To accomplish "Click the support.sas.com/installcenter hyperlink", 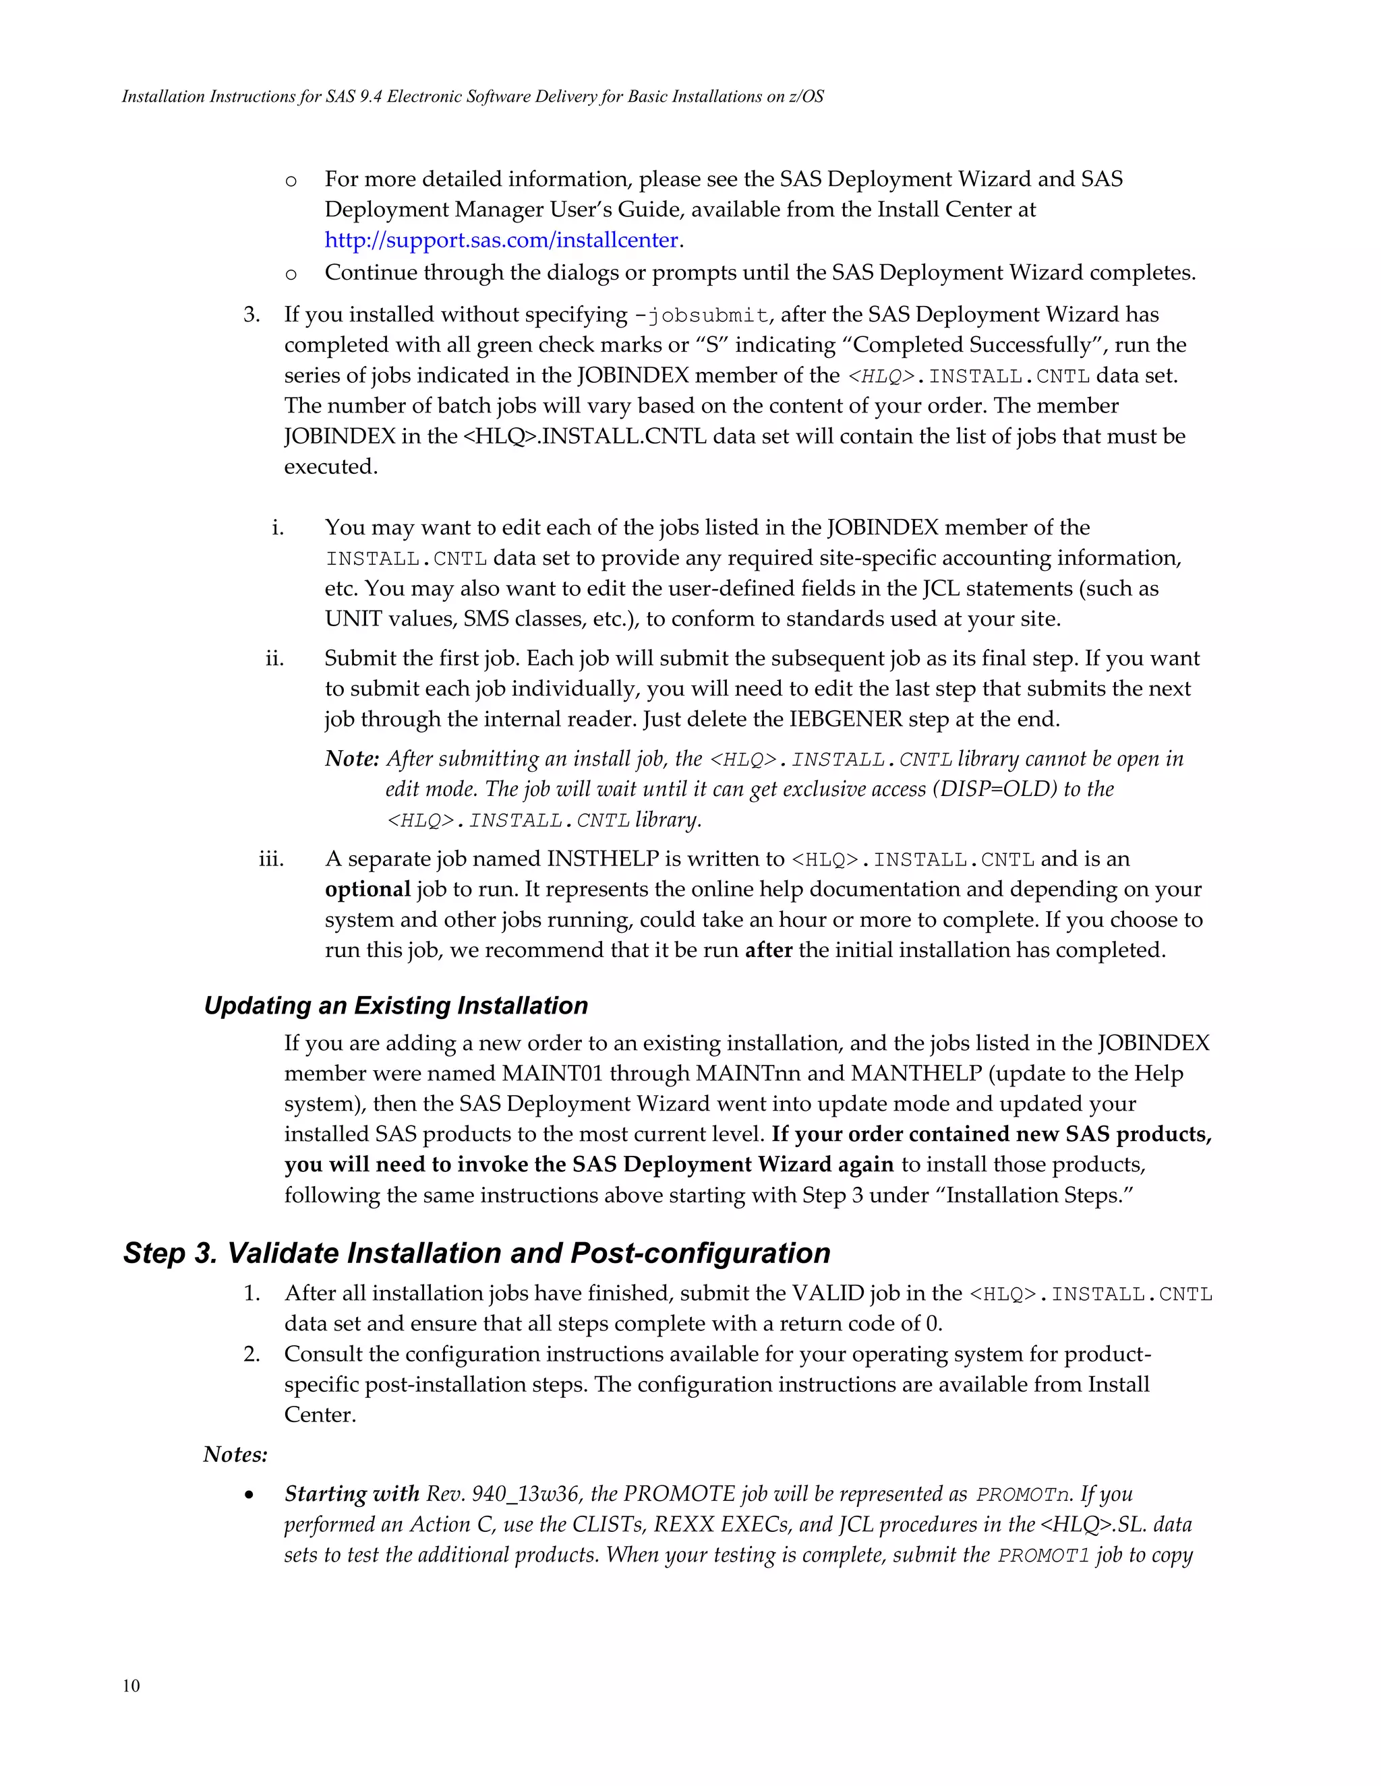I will tap(502, 241).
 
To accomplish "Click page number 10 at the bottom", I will tap(131, 1686).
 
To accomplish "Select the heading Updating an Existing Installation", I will tap(396, 1005).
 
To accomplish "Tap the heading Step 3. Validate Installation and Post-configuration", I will tap(476, 1253).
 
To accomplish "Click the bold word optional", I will tap(368, 890).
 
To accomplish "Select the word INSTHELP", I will tap(603, 859).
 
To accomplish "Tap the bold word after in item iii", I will tap(768, 950).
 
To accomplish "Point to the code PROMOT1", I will tap(1044, 1556).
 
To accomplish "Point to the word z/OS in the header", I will tap(806, 96).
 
